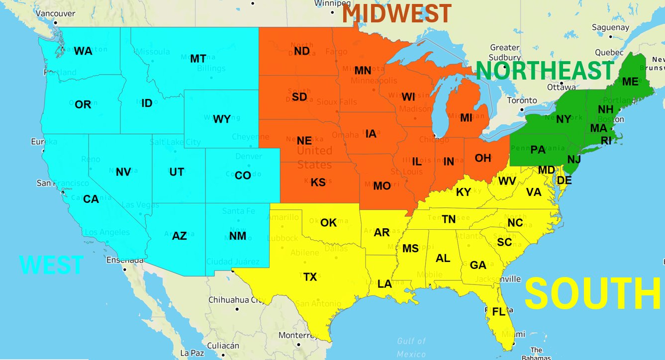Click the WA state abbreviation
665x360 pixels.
click(83, 51)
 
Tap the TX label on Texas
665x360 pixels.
click(310, 277)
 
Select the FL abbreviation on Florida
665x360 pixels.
click(498, 312)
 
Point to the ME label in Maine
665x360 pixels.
click(630, 82)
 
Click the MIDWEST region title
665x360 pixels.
click(396, 13)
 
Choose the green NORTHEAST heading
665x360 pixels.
click(545, 71)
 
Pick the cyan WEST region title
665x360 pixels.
click(51, 265)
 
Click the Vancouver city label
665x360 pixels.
click(56, 13)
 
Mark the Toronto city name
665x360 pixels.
click(522, 100)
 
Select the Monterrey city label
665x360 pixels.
click(298, 335)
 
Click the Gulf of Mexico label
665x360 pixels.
click(411, 347)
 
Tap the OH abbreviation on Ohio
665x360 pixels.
click(482, 158)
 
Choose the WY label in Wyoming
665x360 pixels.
click(221, 119)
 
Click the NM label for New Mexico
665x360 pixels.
click(238, 236)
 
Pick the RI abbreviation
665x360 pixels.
click(606, 141)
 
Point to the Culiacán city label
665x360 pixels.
click(223, 346)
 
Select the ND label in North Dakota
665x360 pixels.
click(301, 51)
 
